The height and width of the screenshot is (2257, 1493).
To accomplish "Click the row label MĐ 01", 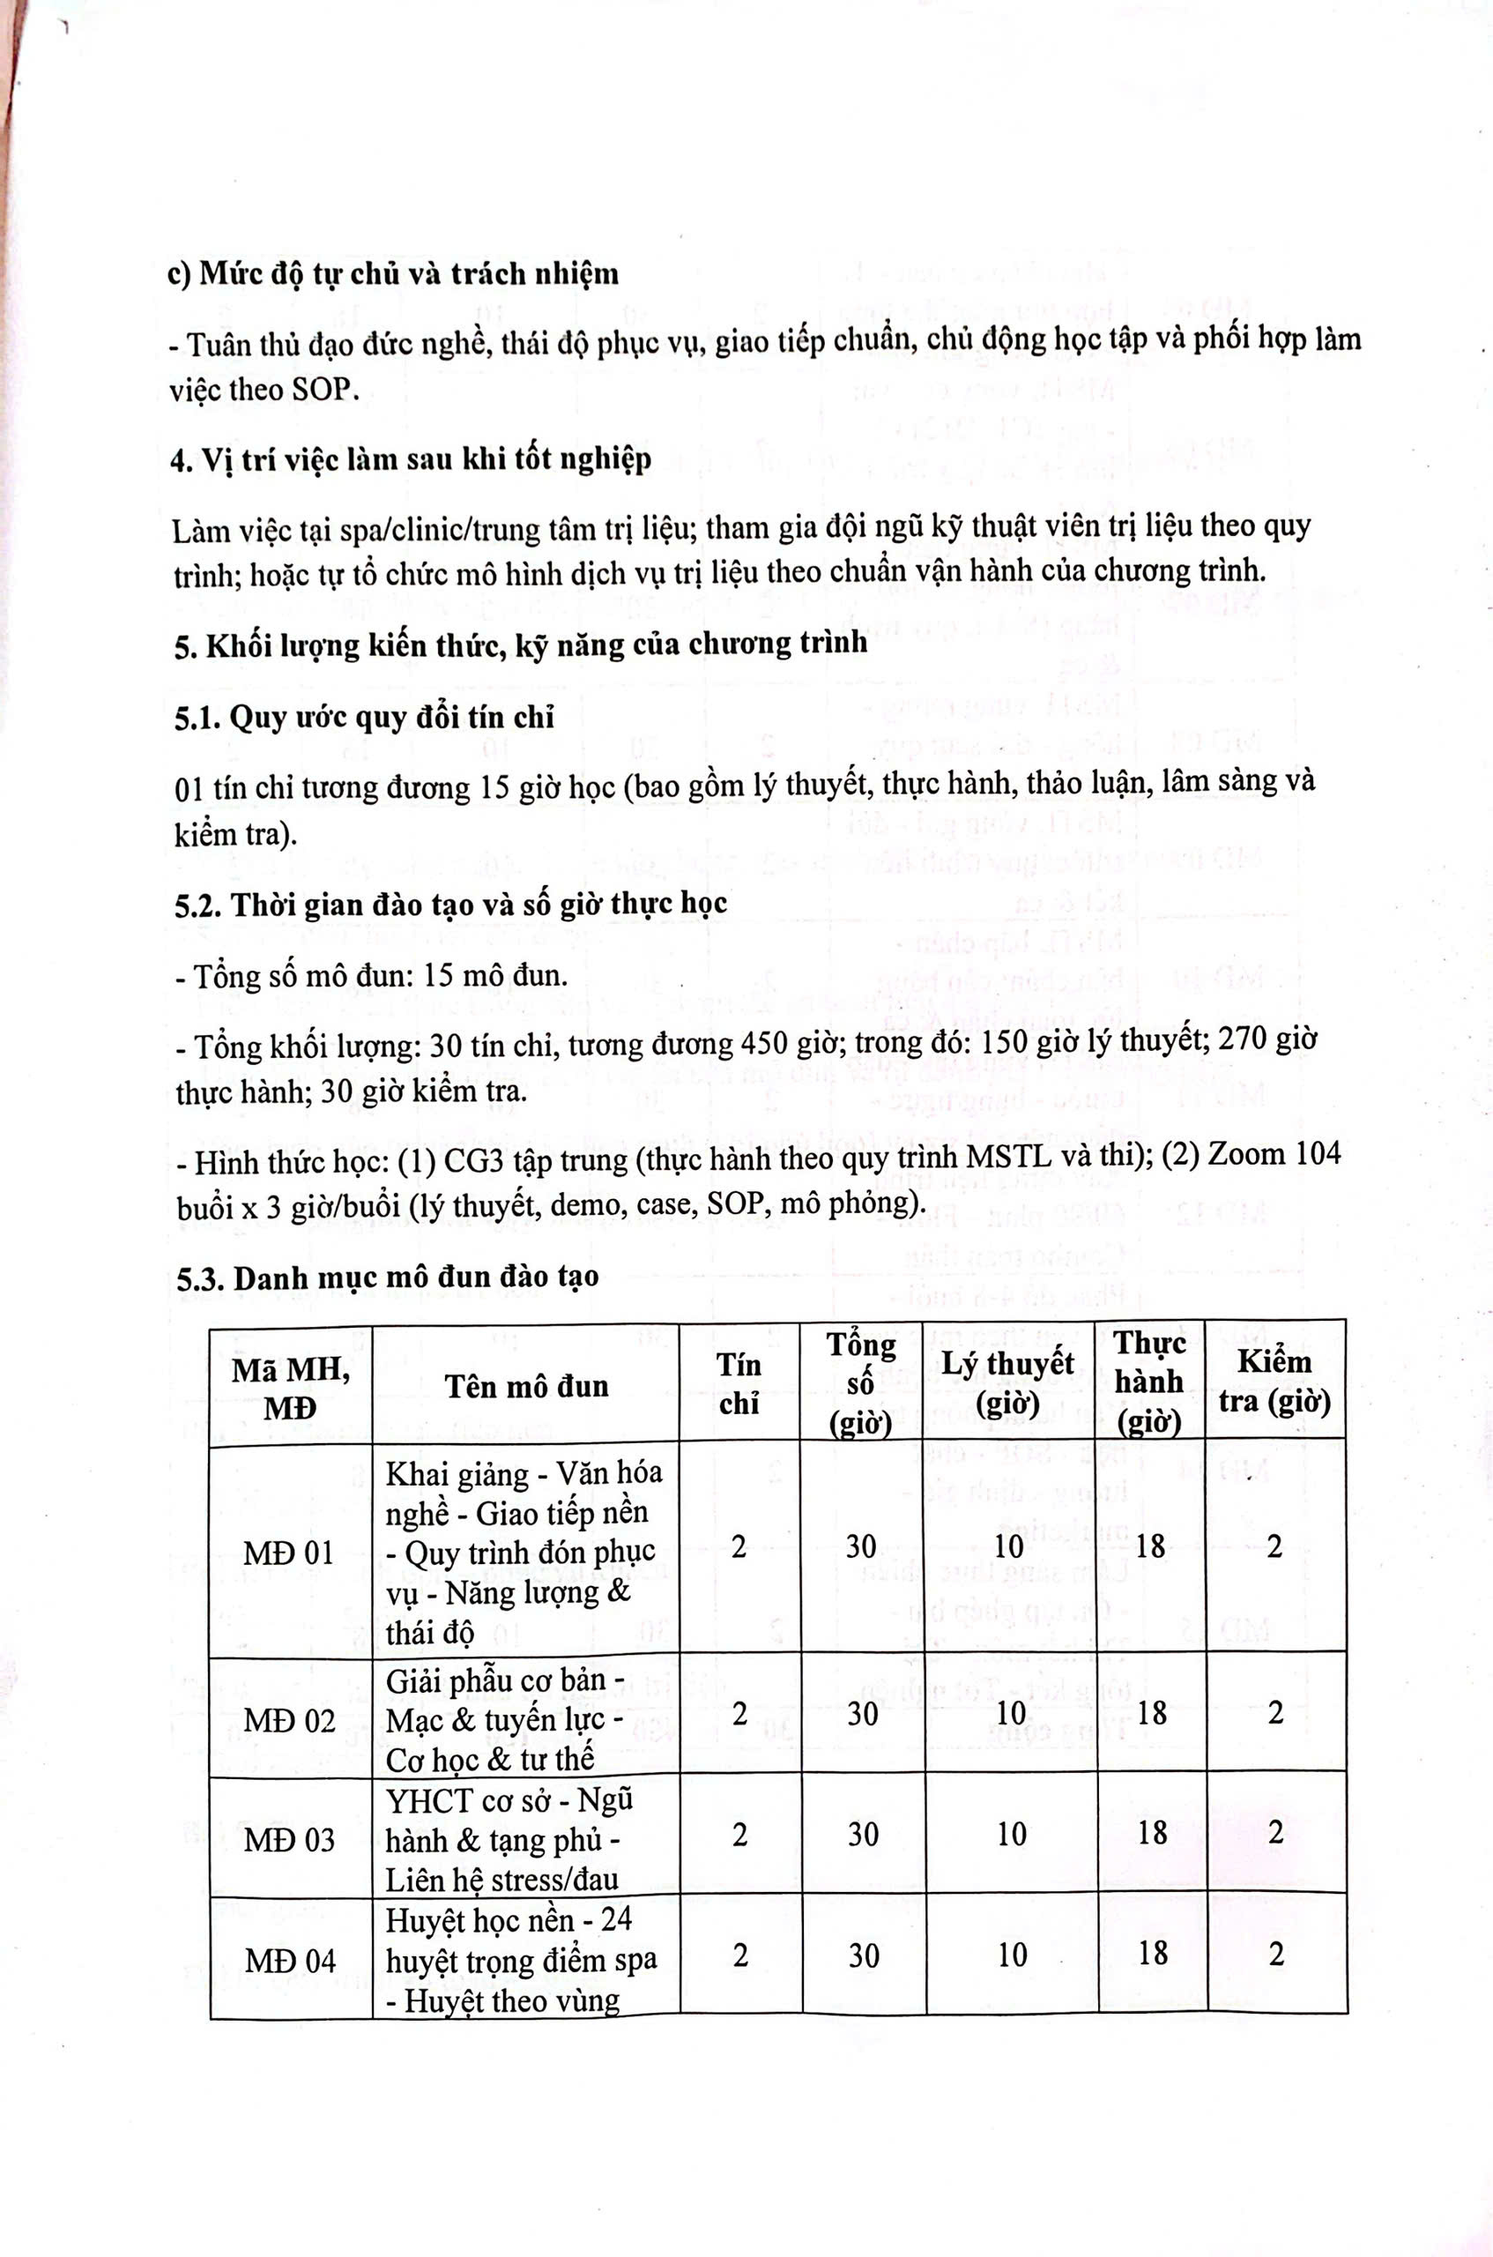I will pos(288,1553).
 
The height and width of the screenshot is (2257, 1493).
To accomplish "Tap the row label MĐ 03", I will pos(289,1840).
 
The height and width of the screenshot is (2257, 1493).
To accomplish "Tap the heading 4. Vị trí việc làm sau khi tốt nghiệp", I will pos(412,459).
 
